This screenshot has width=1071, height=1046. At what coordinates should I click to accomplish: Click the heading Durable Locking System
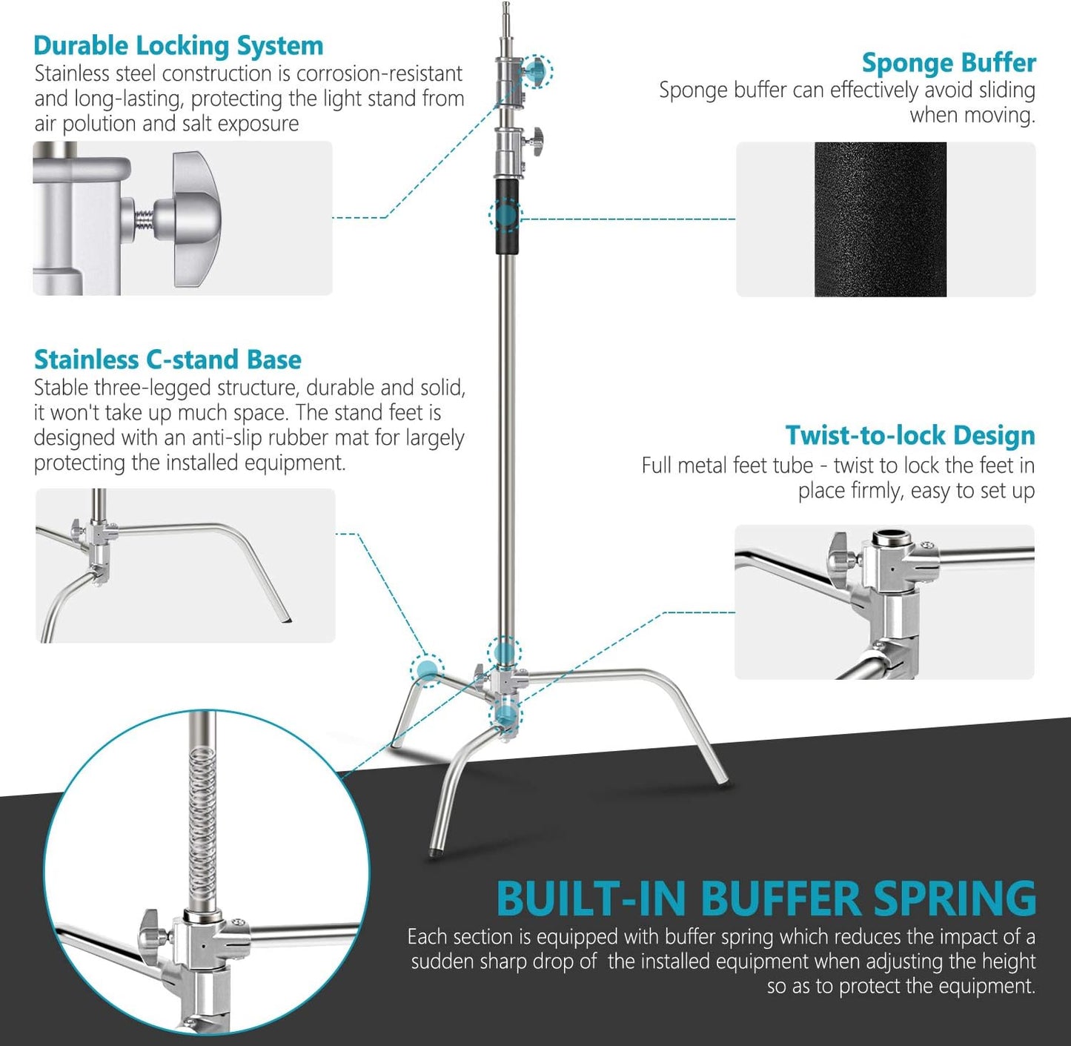coord(178,46)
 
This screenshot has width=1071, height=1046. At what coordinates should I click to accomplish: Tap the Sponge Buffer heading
coord(948,63)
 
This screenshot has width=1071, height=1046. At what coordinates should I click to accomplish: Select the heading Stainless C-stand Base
coord(168,360)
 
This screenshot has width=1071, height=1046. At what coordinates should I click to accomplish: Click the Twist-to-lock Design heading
coord(909,435)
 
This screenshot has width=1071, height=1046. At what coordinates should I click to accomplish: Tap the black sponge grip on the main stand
coord(507,215)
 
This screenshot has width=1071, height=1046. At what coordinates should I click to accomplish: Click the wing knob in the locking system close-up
coord(196,219)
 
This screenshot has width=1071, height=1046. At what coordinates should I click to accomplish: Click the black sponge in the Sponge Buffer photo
coord(880,219)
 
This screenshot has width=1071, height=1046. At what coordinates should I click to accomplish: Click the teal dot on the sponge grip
coord(506,216)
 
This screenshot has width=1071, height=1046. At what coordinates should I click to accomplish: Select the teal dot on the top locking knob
coord(535,71)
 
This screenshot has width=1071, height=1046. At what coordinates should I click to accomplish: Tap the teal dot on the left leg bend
coord(427,670)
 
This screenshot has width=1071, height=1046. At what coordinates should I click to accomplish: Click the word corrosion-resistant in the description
coord(379,74)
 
